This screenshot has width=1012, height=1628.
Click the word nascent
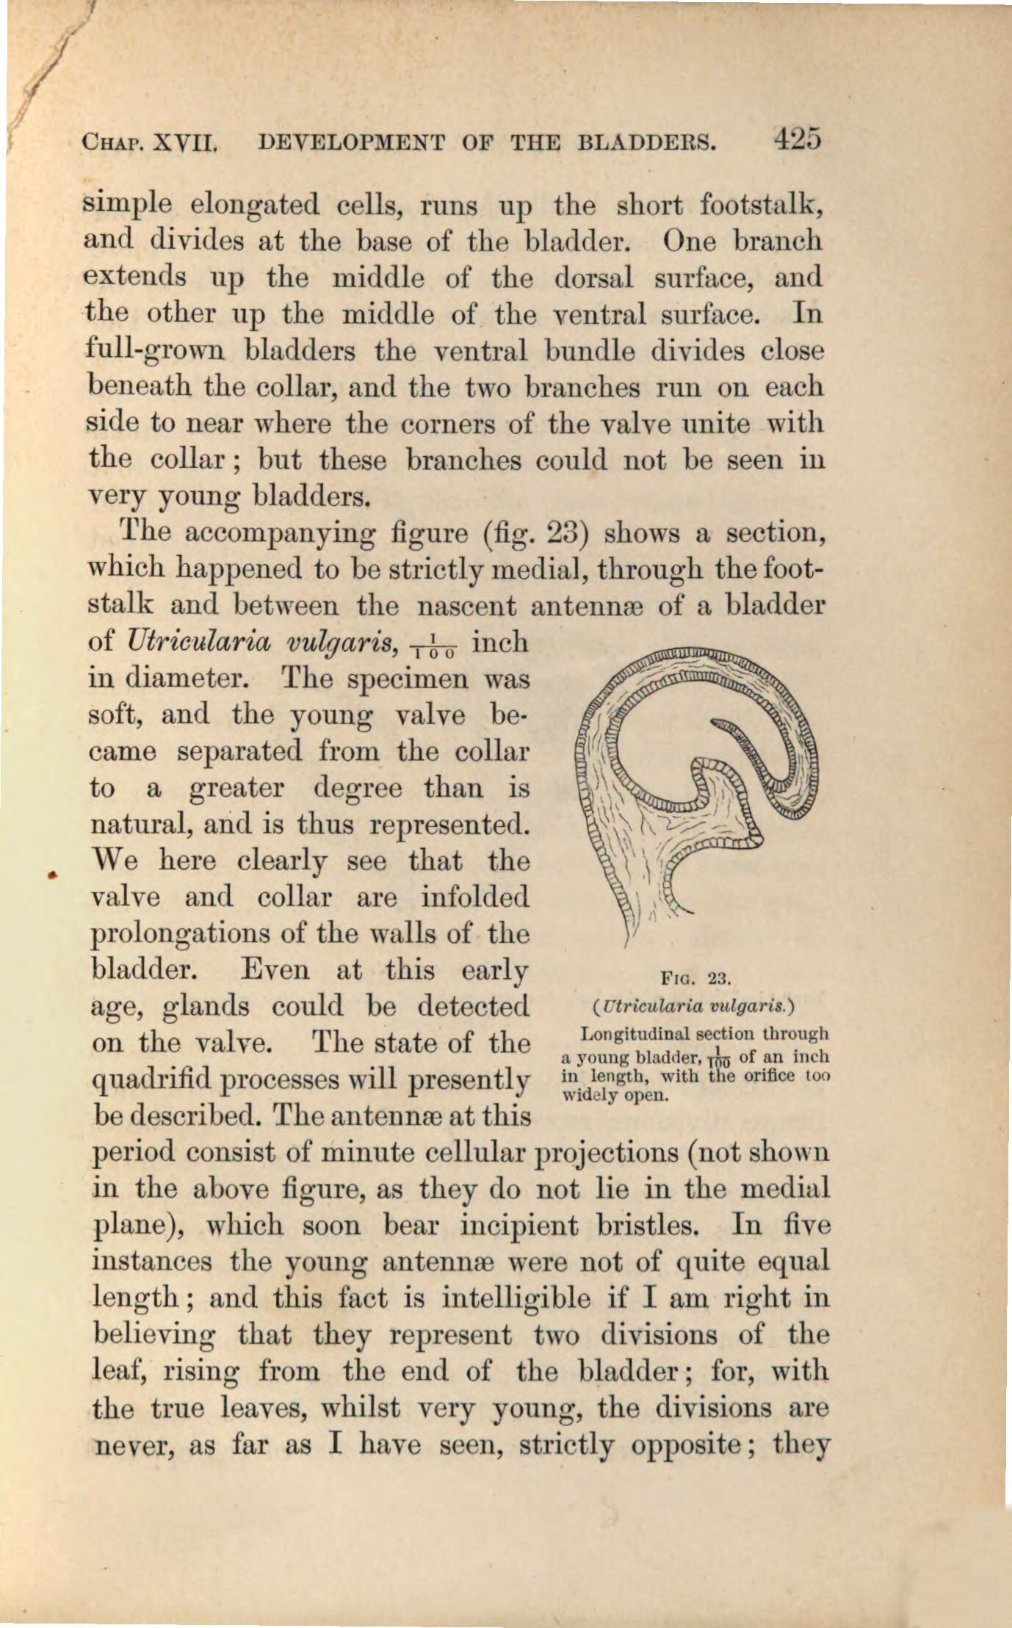(465, 606)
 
